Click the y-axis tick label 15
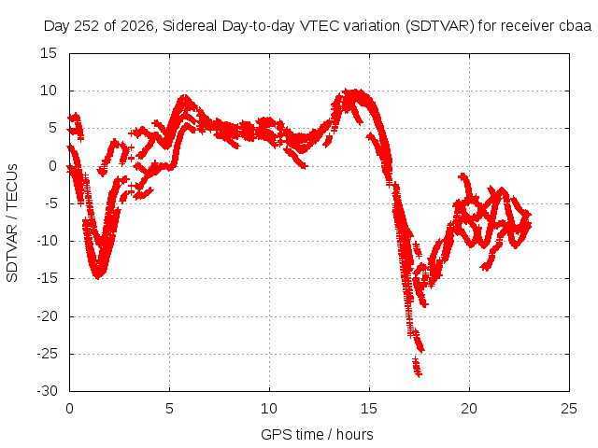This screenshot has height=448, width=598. tap(49, 53)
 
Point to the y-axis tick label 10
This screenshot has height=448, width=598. tap(49, 91)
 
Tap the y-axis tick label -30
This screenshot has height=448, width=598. tap(47, 391)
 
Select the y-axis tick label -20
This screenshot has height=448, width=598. tap(47, 316)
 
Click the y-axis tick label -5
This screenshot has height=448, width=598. tap(50, 203)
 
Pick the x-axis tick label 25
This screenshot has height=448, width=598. tap(569, 409)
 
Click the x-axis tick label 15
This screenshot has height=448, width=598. tap(369, 409)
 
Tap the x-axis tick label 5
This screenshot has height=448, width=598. tap(169, 409)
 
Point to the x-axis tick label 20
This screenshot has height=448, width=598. tap(469, 409)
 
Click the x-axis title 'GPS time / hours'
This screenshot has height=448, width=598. tap(317, 434)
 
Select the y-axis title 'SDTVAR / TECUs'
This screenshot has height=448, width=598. tap(12, 223)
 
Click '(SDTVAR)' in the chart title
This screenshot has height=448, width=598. tap(440, 26)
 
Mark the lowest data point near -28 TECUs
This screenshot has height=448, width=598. tap(419, 374)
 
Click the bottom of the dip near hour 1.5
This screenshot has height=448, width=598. tap(98, 276)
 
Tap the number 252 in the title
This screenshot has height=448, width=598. tap(87, 26)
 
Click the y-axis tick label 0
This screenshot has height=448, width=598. tap(52, 166)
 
